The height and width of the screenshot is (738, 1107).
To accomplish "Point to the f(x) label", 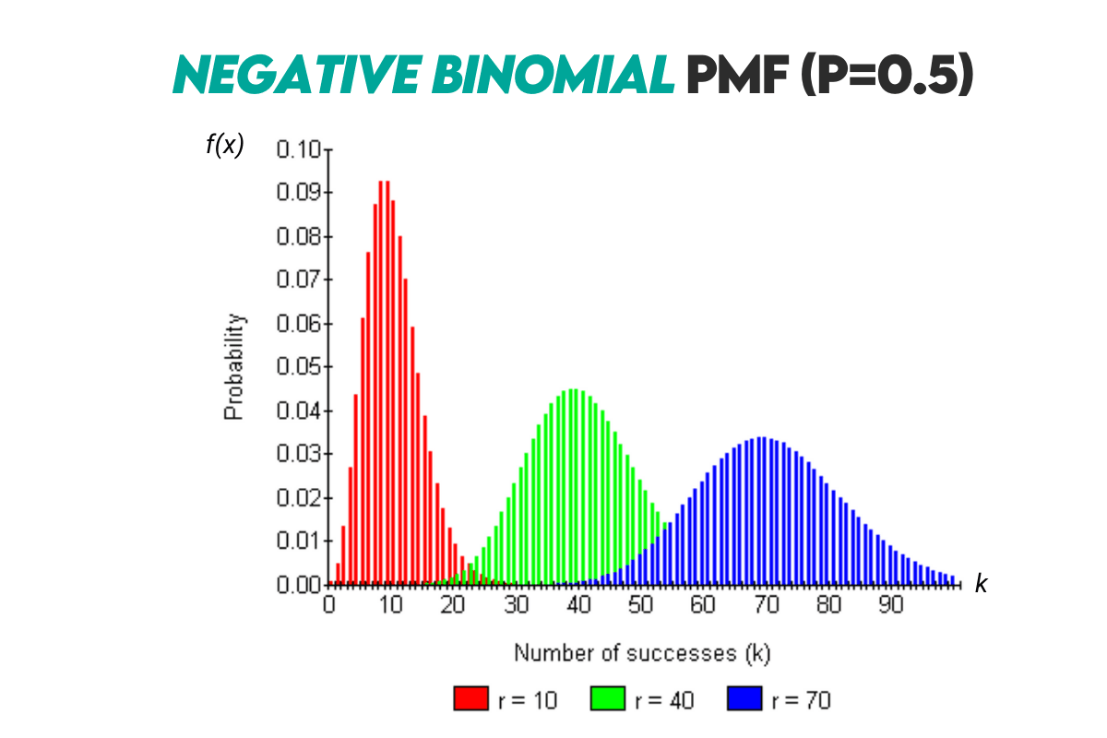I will click(224, 145).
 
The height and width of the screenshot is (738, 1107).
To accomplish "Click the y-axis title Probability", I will click(235, 367).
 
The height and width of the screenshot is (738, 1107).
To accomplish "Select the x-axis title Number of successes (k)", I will click(642, 653).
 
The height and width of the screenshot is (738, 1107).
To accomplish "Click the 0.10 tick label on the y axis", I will click(298, 149).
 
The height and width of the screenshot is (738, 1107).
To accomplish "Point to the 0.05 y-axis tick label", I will click(298, 367).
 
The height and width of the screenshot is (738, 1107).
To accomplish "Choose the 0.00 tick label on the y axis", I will click(298, 585).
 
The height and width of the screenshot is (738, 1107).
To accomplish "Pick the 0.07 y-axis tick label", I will click(298, 280).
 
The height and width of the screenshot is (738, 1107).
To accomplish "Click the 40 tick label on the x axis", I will click(578, 605).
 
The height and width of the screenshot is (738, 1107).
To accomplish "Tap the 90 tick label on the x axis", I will click(890, 605).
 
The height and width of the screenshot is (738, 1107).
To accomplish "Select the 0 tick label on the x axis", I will click(329, 605).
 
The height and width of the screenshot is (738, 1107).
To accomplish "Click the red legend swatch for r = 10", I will click(470, 700).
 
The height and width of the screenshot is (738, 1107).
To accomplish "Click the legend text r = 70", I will click(801, 700).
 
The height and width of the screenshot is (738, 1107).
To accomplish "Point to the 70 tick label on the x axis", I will click(766, 605).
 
